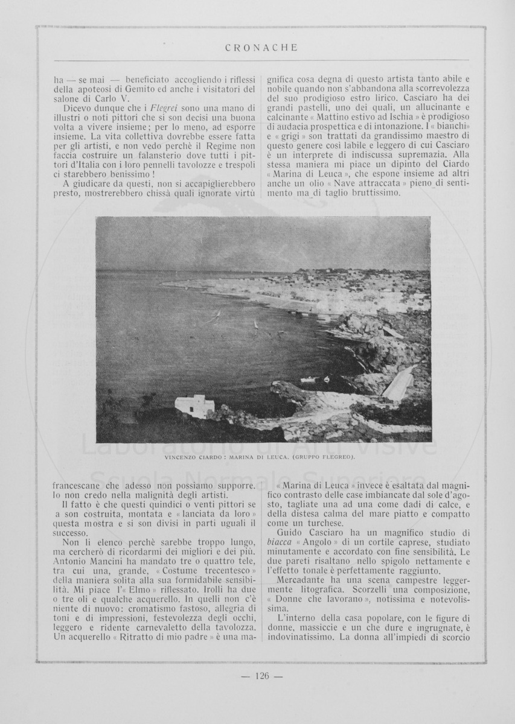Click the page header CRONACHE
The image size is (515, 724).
tap(260, 48)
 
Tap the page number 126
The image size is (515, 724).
tap(261, 676)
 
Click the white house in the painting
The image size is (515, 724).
tap(194, 406)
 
